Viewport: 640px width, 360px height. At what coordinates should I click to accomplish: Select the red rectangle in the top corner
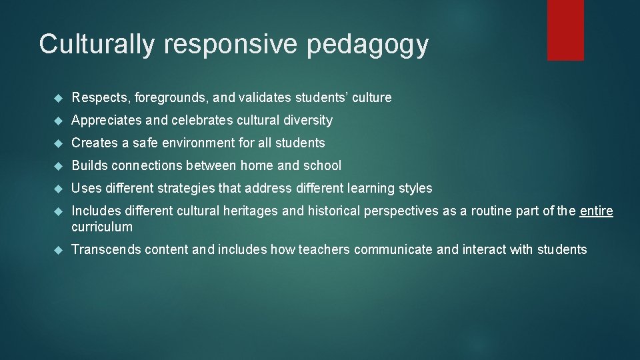(565, 30)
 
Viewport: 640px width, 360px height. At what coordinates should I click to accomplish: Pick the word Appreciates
(106, 121)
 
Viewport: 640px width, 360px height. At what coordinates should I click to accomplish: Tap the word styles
(415, 189)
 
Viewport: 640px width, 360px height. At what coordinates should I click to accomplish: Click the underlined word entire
(596, 211)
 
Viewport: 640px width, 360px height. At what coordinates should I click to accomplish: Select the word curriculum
(102, 227)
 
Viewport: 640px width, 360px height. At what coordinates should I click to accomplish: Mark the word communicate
(393, 250)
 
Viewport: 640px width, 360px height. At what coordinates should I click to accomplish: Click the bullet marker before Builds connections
(58, 166)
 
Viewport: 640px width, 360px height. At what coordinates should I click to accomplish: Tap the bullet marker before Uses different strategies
(58, 189)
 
